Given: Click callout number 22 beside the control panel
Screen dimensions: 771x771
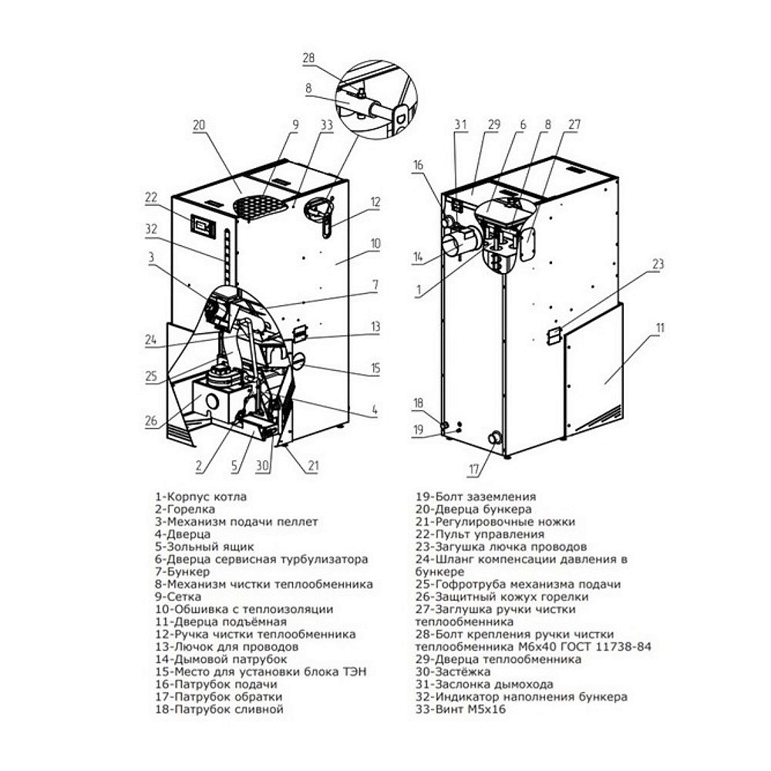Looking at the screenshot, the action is pos(150,197).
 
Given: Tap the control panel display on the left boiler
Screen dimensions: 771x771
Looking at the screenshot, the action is pos(203,226).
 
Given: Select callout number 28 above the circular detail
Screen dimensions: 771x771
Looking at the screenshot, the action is pos(308,58).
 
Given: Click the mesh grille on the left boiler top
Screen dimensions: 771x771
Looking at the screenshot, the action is pos(260,207).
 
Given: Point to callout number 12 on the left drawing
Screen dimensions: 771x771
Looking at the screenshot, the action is pos(375,201).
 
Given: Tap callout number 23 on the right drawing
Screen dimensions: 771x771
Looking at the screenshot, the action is pos(658,264).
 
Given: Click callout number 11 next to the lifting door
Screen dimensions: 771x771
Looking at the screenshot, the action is pos(660,328).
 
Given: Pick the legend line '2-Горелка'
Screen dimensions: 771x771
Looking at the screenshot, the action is pos(185,509).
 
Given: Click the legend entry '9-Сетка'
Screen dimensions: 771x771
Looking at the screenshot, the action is pos(178,597).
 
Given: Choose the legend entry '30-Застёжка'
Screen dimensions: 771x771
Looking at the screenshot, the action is pos(453,672).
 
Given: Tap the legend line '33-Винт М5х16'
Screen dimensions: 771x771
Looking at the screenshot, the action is pos(460,709).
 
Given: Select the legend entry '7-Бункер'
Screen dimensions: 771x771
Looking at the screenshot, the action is pos(182,571).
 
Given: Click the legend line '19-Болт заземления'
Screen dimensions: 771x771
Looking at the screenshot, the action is pos(476,496).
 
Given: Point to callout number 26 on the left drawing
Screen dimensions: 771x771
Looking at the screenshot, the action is pos(151,420).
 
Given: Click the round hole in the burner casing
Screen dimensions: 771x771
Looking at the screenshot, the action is pos(213,401).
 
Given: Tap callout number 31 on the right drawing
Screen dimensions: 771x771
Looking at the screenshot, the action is pos(460,124).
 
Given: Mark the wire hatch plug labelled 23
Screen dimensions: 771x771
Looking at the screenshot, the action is pos(554,336).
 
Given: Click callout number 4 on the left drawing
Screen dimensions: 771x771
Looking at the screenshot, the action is pos(375,409).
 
